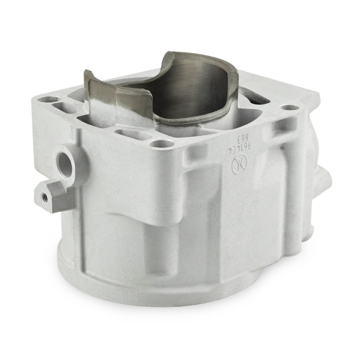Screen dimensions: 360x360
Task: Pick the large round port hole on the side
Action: tap(65, 161)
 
